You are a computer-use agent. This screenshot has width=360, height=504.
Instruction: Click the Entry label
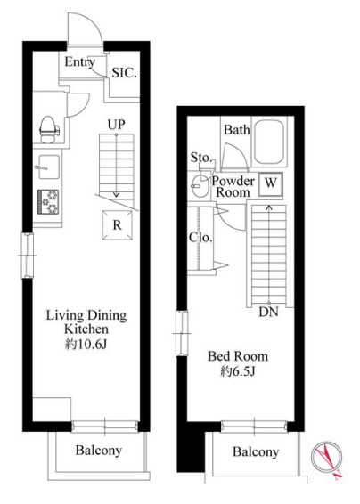(x=80, y=62)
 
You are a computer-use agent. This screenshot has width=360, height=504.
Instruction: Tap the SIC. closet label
(x=125, y=73)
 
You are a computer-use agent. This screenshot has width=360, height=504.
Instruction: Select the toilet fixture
(x=50, y=129)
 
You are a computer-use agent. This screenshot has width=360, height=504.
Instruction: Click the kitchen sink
(x=49, y=167)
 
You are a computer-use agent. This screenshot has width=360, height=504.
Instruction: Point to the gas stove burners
(x=48, y=201)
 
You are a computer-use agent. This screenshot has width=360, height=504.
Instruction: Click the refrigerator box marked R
(x=118, y=225)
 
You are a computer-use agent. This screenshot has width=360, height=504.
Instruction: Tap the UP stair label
(x=117, y=125)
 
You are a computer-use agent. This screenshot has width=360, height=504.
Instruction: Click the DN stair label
(x=268, y=312)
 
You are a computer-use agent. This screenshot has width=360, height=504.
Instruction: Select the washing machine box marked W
(x=271, y=184)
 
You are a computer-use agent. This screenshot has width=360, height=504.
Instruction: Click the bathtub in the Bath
(x=269, y=142)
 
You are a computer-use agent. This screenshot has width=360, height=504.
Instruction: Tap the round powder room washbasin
(x=200, y=185)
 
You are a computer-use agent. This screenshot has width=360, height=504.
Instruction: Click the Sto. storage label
(x=201, y=158)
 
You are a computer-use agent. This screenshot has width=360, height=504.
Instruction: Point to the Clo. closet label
(x=200, y=237)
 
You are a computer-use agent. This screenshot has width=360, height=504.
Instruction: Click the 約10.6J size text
(x=86, y=345)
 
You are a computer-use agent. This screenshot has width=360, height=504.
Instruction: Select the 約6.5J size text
(x=238, y=371)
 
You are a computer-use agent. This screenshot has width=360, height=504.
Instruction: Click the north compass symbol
(x=326, y=458)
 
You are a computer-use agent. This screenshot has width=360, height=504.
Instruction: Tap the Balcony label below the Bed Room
(x=256, y=451)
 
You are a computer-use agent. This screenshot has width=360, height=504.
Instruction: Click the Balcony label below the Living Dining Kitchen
(x=98, y=450)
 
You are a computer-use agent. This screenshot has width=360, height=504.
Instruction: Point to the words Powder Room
(x=233, y=186)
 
